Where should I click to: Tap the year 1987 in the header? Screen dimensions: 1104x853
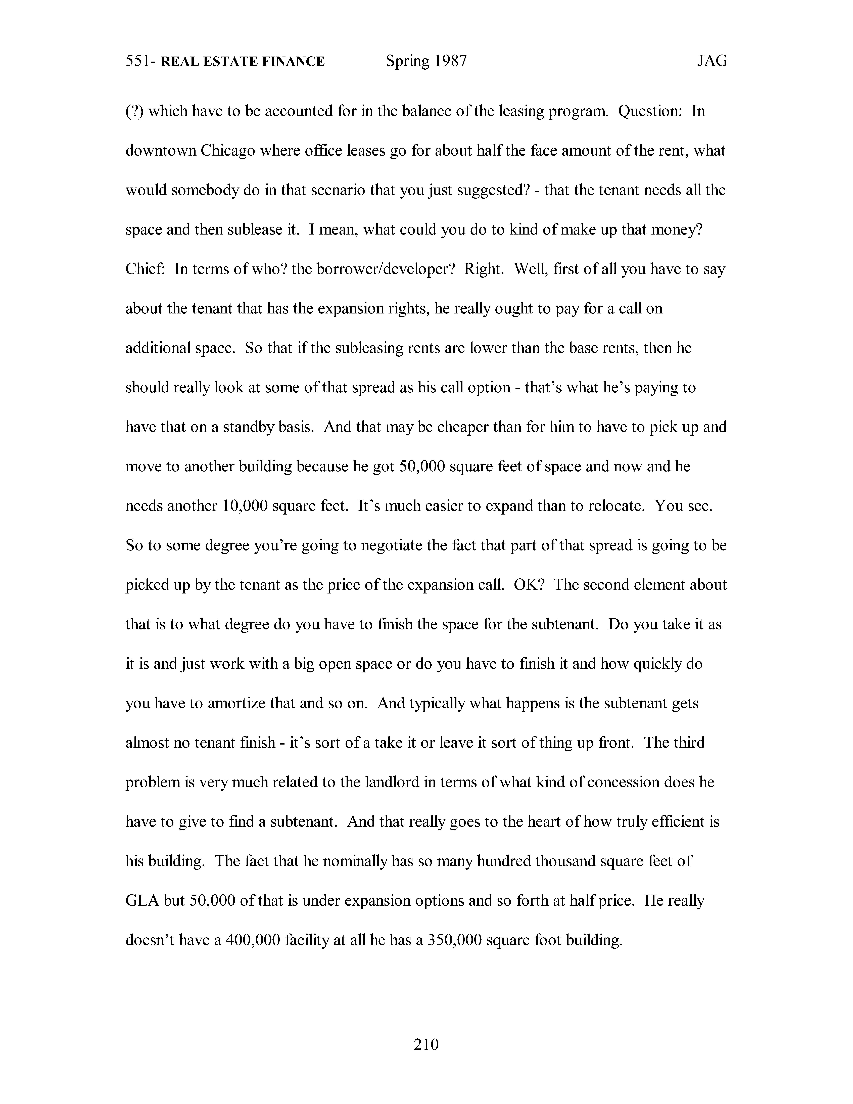[450, 61]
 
